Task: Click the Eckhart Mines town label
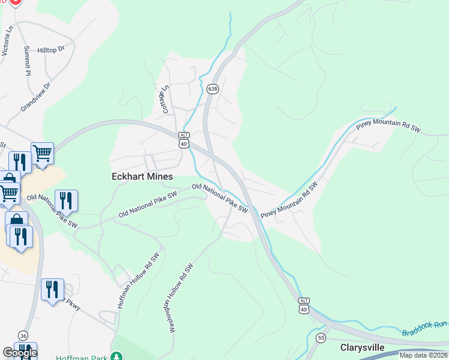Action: tap(142, 176)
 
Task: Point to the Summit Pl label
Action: tap(27, 60)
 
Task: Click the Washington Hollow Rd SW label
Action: tap(182, 298)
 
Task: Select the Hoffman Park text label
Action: tap(81, 358)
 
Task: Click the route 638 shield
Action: tap(212, 89)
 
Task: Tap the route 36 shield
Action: tap(23, 335)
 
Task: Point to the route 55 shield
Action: tap(322, 337)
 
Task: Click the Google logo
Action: tap(19, 353)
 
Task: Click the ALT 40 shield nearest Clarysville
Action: tap(304, 306)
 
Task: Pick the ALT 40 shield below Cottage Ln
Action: tap(184, 140)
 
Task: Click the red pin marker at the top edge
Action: tap(16, 2)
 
